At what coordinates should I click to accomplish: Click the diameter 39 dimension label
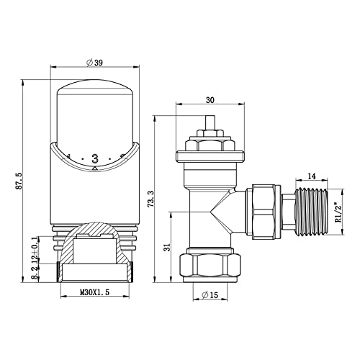tap(94, 63)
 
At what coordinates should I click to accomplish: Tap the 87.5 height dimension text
tap(19, 181)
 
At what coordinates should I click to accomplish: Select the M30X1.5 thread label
tap(94, 292)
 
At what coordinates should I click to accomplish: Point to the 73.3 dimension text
tap(151, 199)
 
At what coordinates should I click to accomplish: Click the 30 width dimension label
tap(210, 100)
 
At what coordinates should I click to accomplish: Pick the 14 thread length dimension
tap(312, 176)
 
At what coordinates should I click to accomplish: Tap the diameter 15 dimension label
tap(210, 295)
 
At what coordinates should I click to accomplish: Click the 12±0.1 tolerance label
tap(35, 251)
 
